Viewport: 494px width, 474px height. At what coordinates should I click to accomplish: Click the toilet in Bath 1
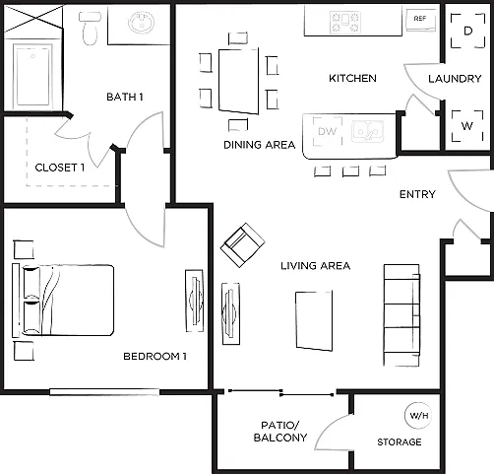click(x=90, y=29)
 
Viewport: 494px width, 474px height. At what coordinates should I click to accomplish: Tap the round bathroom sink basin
click(x=142, y=23)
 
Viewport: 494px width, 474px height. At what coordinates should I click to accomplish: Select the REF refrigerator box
click(x=421, y=20)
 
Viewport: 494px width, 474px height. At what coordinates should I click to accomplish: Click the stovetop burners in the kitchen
click(x=345, y=22)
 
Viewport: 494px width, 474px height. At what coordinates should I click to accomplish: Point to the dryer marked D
click(x=468, y=31)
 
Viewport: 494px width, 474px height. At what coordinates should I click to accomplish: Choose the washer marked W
click(x=467, y=126)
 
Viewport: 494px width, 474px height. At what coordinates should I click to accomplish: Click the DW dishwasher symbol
click(x=327, y=131)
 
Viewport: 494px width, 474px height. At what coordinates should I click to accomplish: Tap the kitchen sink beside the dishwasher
click(x=367, y=131)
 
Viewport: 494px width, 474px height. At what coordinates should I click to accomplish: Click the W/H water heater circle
click(x=419, y=416)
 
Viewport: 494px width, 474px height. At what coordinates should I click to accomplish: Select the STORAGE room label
click(x=400, y=442)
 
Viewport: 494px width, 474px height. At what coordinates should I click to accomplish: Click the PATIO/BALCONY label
click(x=280, y=432)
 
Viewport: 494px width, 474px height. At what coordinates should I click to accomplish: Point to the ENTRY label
click(x=417, y=194)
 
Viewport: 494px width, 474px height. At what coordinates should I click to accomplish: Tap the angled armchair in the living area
click(x=242, y=245)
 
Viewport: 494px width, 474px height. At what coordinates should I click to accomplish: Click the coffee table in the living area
click(x=314, y=320)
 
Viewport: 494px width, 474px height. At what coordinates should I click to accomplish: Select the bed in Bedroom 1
click(x=63, y=301)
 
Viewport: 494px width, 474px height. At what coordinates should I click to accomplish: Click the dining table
click(x=239, y=81)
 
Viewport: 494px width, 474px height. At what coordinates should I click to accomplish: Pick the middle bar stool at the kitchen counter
click(x=350, y=171)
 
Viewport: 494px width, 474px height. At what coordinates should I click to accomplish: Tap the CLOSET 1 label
click(x=60, y=168)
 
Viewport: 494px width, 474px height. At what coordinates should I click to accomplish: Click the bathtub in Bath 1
click(x=32, y=75)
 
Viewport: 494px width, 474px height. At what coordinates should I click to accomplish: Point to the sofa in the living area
click(x=401, y=315)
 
